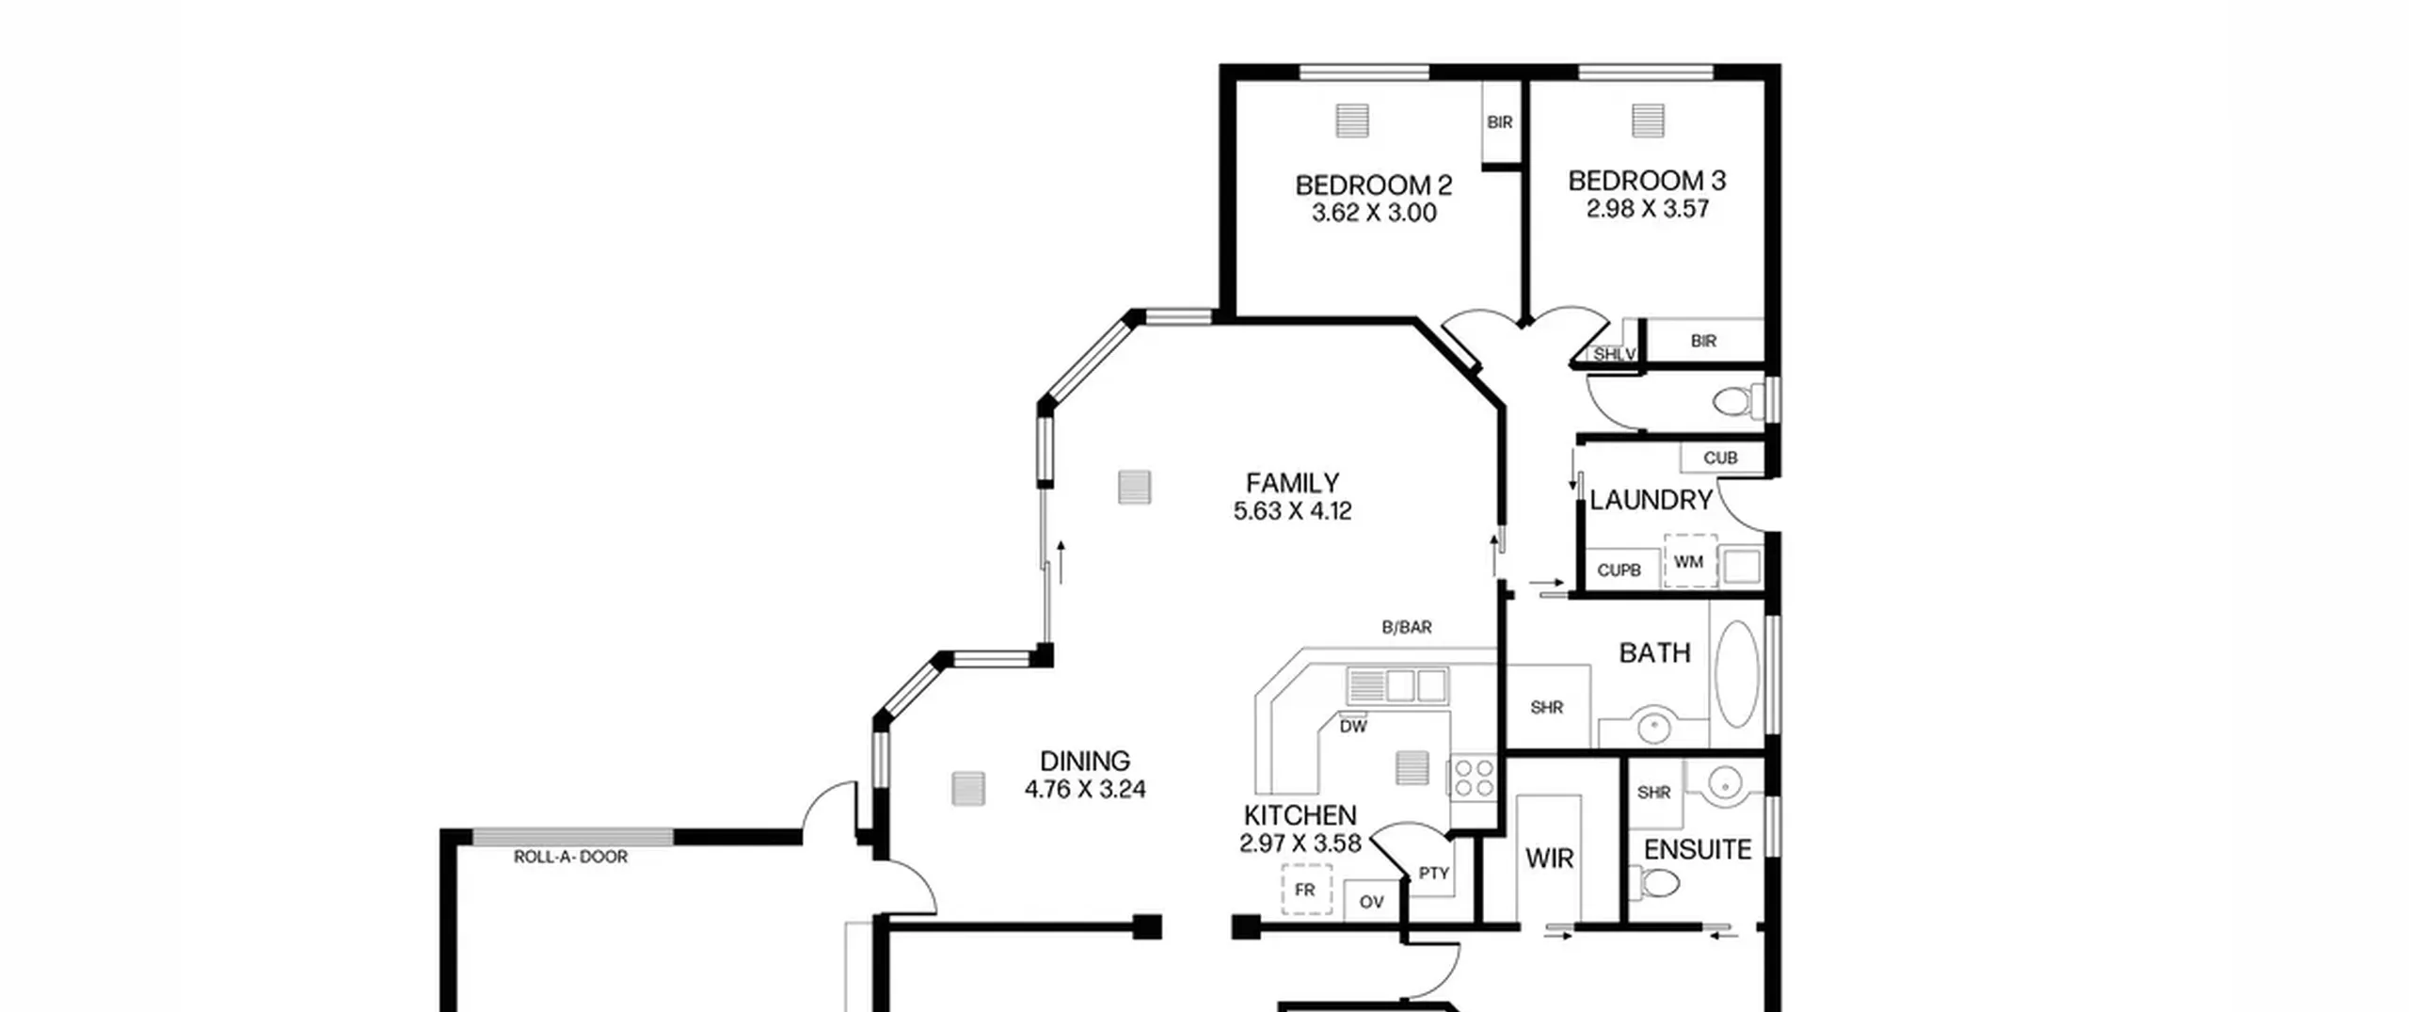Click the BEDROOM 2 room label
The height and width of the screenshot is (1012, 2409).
point(1373,185)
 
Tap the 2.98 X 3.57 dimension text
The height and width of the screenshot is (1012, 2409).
point(1647,208)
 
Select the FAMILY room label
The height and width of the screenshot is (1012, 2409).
point(1292,483)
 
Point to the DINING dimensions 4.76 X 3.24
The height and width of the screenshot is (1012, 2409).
point(1085,789)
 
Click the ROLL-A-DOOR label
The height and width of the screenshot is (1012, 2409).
point(570,857)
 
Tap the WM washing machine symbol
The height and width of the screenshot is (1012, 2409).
point(1690,561)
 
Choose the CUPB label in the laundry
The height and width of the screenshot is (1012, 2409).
point(1619,570)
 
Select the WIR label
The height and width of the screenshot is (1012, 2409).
point(1549,859)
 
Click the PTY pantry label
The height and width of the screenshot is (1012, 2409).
point(1433,874)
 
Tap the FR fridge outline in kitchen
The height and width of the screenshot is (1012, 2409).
point(1306,890)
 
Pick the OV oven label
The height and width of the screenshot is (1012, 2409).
point(1372,902)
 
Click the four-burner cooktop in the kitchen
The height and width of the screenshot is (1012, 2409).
point(1473,779)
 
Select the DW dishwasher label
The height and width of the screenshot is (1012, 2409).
point(1353,727)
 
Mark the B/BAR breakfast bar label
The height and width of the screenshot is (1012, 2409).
point(1407,627)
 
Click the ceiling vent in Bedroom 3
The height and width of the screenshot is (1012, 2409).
point(1648,120)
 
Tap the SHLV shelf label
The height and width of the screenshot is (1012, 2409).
point(1615,355)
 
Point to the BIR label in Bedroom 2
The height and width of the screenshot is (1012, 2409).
point(1500,122)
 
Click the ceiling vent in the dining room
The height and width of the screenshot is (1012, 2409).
point(967,789)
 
